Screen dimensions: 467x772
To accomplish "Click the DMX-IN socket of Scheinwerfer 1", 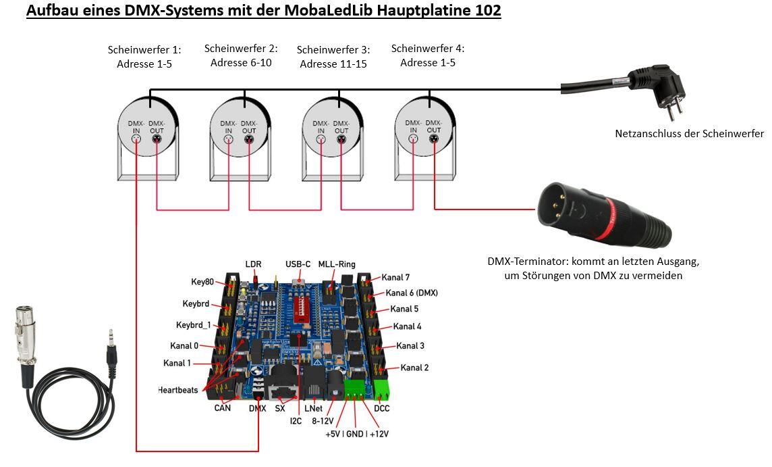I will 136,139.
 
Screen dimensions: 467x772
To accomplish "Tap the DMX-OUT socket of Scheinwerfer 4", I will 434,139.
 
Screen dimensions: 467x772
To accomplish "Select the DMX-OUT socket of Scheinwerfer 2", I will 249,139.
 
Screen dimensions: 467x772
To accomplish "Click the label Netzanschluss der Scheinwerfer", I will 689,134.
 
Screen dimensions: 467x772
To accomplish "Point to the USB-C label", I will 298,264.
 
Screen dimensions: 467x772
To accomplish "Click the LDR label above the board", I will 253,264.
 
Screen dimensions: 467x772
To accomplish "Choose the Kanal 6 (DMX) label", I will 412,293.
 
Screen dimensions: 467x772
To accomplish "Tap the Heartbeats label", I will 178,391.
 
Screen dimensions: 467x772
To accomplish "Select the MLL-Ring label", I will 337,264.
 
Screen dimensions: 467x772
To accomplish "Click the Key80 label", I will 202,282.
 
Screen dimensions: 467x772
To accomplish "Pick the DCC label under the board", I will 381,408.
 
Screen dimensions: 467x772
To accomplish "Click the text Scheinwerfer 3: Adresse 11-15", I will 333,57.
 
